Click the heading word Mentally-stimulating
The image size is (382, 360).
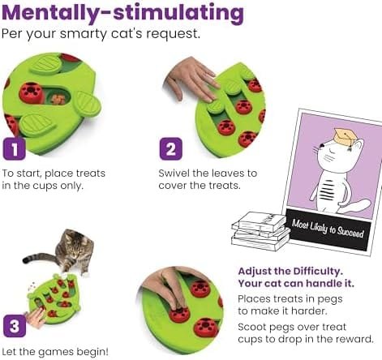click(x=122, y=14)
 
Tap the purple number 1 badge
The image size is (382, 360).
click(x=14, y=149)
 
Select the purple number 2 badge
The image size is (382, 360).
click(x=170, y=149)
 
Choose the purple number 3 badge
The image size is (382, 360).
click(x=14, y=326)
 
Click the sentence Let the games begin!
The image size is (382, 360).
click(x=54, y=350)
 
